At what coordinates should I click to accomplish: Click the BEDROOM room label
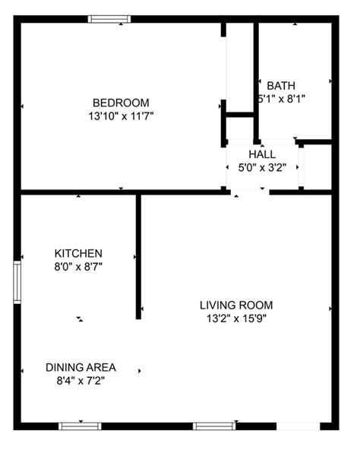coord(121,103)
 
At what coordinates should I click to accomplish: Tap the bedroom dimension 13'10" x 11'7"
coord(121,116)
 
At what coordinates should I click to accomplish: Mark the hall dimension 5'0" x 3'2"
coord(261,167)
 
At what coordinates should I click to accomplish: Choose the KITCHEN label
coord(78,253)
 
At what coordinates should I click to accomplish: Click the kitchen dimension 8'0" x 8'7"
coord(78,267)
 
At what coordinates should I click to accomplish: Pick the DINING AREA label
coord(81,367)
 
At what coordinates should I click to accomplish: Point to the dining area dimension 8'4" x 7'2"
coord(81,381)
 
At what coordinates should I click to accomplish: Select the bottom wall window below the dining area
coord(81,426)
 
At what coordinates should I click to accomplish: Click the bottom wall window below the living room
coord(211,426)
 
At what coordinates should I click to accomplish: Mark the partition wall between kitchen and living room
coord(138,255)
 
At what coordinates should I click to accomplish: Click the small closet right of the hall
coord(317,166)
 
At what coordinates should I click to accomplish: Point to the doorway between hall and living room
coord(250,192)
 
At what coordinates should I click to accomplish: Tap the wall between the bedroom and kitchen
coord(76,192)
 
